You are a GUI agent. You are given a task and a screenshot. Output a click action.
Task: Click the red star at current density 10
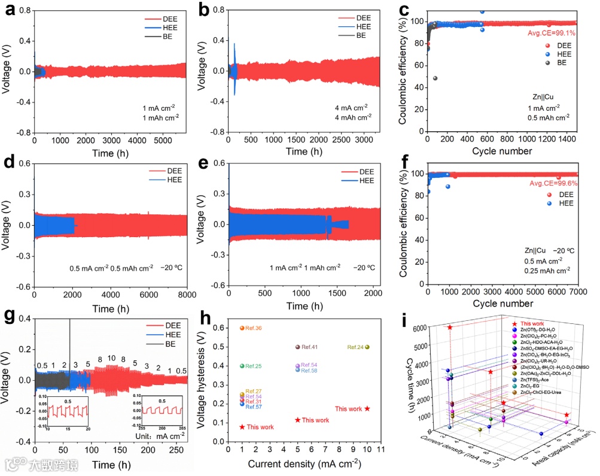pyautogui.click(x=367, y=408)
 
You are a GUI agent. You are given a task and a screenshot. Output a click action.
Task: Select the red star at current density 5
pyautogui.click(x=297, y=420)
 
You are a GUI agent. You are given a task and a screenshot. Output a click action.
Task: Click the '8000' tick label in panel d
pyautogui.click(x=187, y=295)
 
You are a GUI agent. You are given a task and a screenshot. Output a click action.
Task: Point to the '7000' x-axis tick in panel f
pyautogui.click(x=578, y=295)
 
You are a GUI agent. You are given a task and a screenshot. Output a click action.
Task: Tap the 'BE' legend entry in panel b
pyautogui.click(x=361, y=35)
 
